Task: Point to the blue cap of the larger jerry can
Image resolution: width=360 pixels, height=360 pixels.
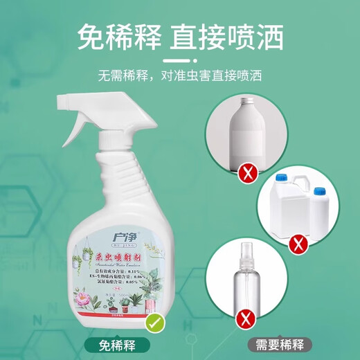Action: (281, 177)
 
